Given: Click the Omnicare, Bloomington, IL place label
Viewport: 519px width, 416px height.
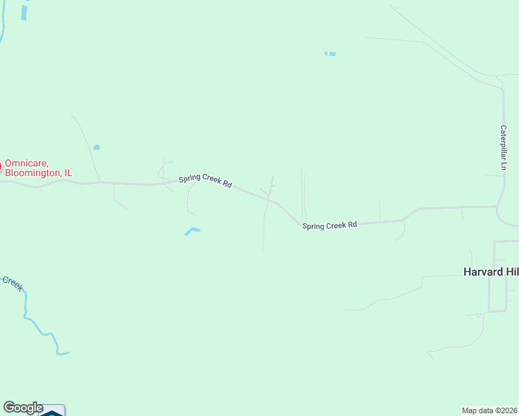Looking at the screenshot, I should point(38,168).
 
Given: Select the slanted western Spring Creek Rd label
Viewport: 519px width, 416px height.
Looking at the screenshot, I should point(205,181).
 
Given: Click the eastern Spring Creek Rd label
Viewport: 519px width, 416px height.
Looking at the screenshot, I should point(330,225).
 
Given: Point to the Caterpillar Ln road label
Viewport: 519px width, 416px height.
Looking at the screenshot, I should point(504,148).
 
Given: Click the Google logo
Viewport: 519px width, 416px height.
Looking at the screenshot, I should point(23,408).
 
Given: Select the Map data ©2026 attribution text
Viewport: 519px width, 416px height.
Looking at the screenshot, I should point(490,410).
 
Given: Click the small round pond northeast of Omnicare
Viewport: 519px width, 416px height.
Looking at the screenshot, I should point(96,147).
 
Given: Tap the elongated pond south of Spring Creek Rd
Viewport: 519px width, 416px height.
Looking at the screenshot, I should point(192,231).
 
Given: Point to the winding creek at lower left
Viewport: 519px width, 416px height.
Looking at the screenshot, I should point(39,326).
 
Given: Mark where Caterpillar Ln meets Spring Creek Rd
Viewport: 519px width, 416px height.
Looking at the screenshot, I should point(498,207).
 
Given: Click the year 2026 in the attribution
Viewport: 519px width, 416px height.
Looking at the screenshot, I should point(509,410).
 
